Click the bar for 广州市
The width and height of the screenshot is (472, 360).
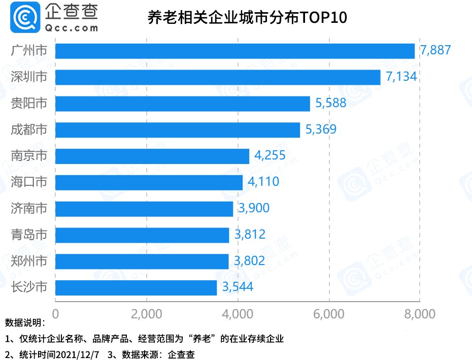234,51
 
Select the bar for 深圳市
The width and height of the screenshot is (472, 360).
217,77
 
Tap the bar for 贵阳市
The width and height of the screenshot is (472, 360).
182,104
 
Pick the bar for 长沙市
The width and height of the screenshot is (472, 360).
136,287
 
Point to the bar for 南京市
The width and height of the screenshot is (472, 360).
152,156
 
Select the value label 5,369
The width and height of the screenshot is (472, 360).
321,129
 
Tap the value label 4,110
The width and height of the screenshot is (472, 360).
263,182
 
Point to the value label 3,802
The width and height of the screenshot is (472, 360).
249,261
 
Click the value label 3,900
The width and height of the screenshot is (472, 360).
253,208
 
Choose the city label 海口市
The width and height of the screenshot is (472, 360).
29,182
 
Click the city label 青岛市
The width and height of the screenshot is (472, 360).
29,235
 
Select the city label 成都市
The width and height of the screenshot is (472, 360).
29,129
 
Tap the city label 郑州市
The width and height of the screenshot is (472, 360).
29,261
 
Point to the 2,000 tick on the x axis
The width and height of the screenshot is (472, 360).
146,314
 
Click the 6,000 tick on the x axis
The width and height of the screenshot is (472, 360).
329,314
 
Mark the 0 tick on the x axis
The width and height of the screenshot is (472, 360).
55,314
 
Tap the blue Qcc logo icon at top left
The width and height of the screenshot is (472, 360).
20,18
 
